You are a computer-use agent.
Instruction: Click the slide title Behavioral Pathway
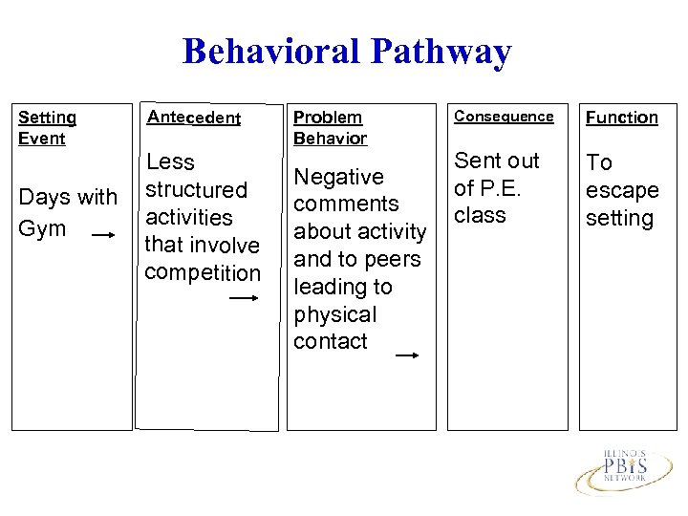point(346,52)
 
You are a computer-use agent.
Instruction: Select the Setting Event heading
point(48,127)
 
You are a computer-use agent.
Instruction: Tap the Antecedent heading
point(193,118)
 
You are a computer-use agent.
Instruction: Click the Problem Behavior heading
point(330,127)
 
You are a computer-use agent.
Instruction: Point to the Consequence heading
point(504,116)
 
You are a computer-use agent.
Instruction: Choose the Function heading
point(621,118)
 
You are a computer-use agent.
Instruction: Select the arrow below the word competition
point(244,298)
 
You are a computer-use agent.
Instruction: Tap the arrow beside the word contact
point(407,355)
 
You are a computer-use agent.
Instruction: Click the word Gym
point(43,228)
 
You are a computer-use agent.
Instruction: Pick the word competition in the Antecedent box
point(202,272)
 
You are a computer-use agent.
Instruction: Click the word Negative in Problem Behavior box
point(338,177)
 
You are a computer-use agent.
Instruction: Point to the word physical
point(334,314)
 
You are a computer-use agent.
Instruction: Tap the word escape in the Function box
point(622,190)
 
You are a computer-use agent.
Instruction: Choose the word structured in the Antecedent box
point(196,190)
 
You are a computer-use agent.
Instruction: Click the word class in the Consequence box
point(480,215)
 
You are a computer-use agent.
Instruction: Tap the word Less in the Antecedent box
point(170,162)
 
